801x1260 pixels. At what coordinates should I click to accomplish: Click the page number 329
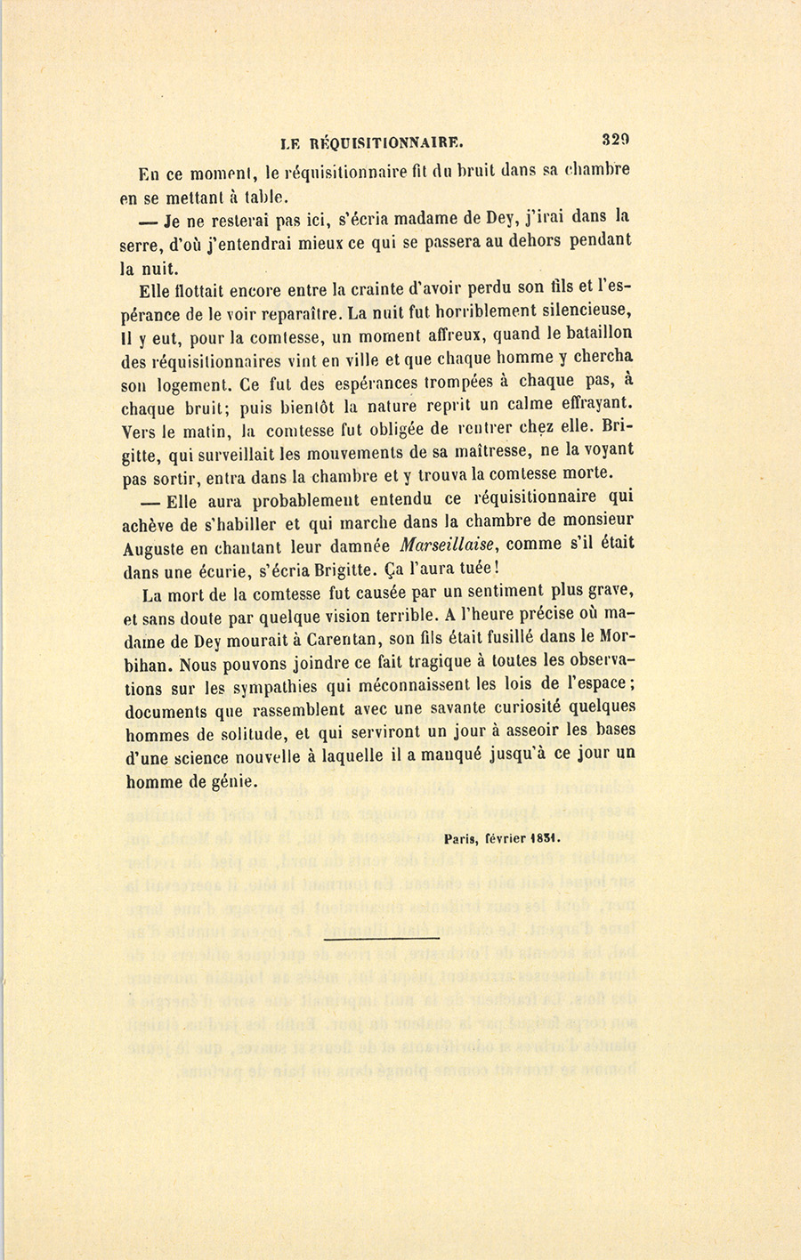click(616, 139)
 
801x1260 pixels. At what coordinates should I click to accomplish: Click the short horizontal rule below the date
click(382, 937)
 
